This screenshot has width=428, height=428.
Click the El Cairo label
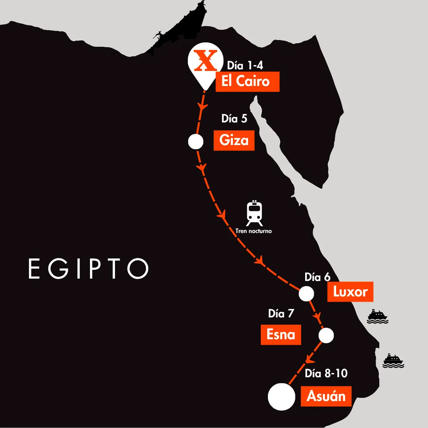point(247,82)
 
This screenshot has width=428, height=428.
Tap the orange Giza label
point(234,140)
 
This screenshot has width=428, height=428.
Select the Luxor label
point(350,292)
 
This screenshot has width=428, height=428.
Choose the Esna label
point(281,334)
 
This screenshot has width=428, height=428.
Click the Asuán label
point(326,396)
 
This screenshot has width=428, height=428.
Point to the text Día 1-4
point(245,65)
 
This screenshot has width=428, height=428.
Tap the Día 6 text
point(317,277)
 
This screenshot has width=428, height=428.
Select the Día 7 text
point(281,313)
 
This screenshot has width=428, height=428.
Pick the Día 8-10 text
point(326,373)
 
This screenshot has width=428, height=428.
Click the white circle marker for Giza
point(195,141)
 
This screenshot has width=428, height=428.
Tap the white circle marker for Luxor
point(306,294)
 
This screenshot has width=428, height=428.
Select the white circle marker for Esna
point(327,335)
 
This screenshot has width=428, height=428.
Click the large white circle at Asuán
point(281,396)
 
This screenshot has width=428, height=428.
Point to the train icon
point(254,212)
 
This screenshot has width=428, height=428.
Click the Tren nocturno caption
point(254,231)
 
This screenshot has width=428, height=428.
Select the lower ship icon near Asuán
point(393,360)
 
